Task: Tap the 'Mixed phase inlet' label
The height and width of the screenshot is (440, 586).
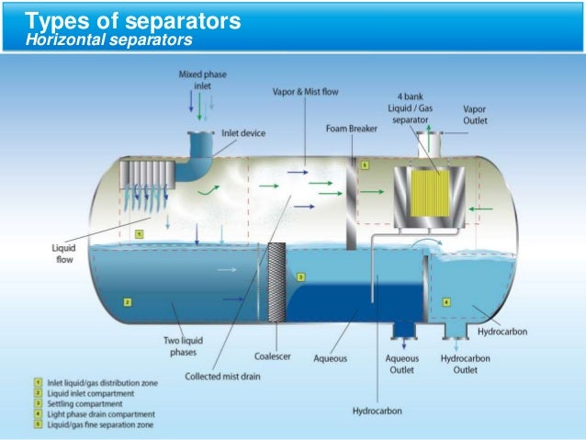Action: pyautogui.click(x=202, y=78)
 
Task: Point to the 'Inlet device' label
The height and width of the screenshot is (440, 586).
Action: pyautogui.click(x=242, y=133)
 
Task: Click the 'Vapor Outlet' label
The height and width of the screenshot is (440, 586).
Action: pyautogui.click(x=476, y=114)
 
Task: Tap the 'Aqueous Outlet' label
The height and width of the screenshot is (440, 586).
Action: pyautogui.click(x=401, y=364)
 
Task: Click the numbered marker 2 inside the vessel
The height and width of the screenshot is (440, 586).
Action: pyautogui.click(x=128, y=301)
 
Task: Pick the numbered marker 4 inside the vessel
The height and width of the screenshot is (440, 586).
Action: pyautogui.click(x=446, y=301)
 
